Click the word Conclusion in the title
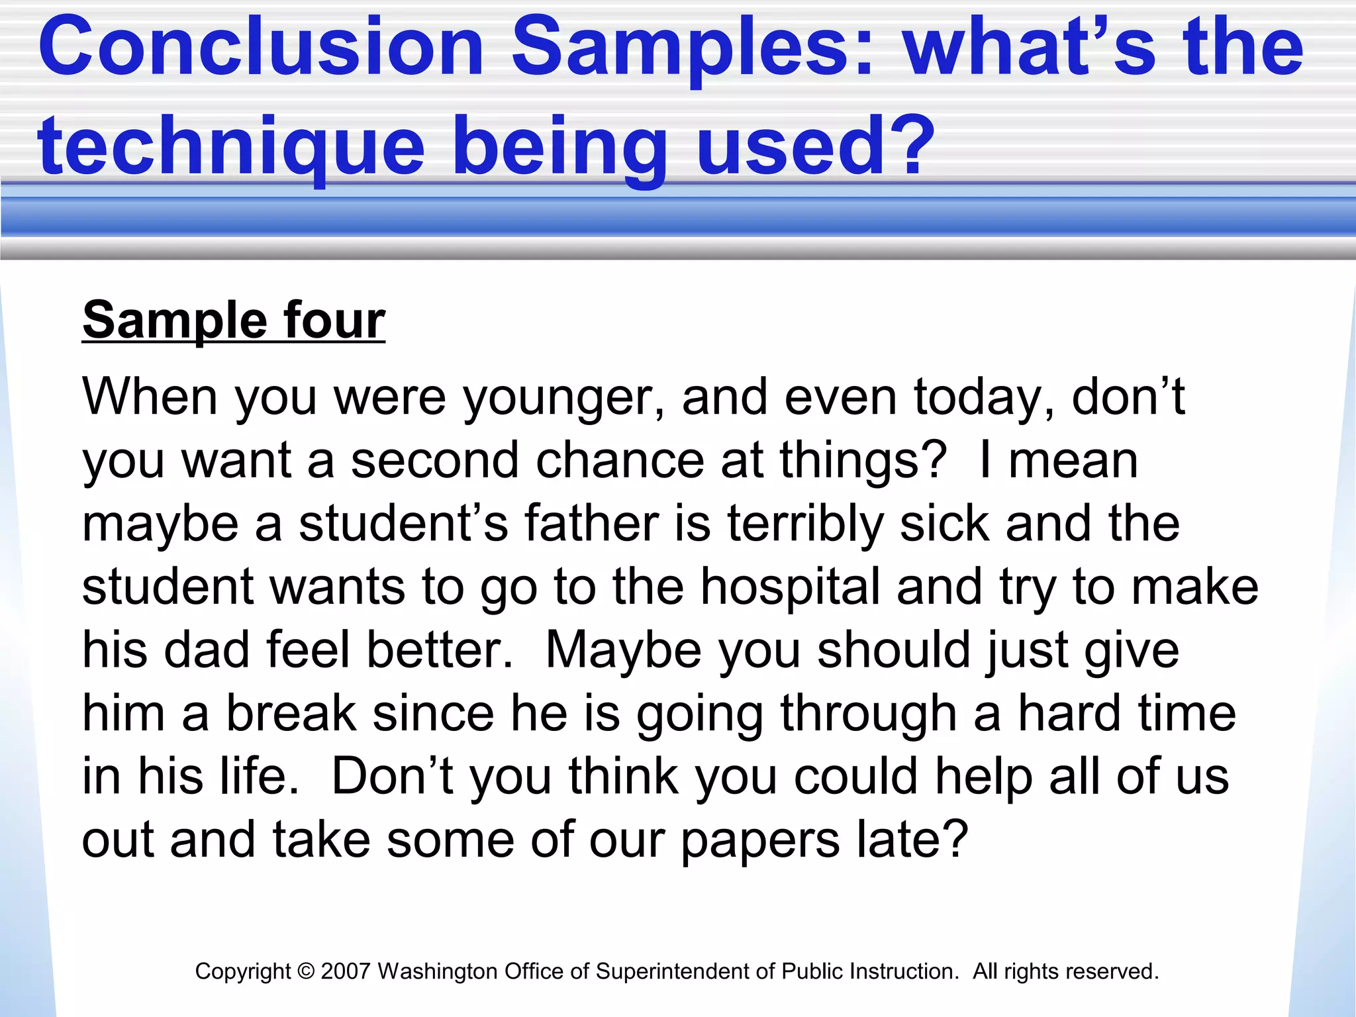[x=261, y=48]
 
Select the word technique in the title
[x=230, y=147]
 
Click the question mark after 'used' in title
[x=914, y=147]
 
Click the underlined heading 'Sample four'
[x=233, y=321]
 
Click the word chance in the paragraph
[x=619, y=461]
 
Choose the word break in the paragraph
[x=291, y=714]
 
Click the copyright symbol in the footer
[x=305, y=971]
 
